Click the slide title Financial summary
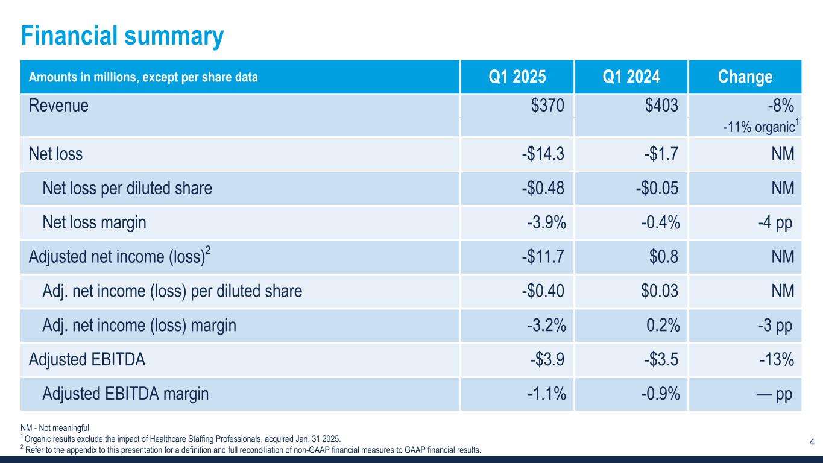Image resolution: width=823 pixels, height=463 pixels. click(x=122, y=36)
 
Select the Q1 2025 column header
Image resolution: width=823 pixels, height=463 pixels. click(x=517, y=77)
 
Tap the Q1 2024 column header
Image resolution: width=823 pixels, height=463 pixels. click(x=631, y=77)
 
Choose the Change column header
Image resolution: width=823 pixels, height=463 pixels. click(x=745, y=77)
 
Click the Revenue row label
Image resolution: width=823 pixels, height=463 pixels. click(x=58, y=106)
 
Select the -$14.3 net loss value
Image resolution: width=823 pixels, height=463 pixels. click(x=544, y=154)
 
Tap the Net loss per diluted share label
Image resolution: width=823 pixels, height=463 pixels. click(x=127, y=189)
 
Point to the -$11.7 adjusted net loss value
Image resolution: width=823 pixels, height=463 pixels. click(x=544, y=257)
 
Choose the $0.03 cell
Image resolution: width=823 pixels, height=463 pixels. click(x=660, y=292)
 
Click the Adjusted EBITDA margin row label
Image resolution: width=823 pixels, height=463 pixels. click(x=125, y=395)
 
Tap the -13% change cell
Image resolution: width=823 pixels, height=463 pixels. click(x=776, y=361)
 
